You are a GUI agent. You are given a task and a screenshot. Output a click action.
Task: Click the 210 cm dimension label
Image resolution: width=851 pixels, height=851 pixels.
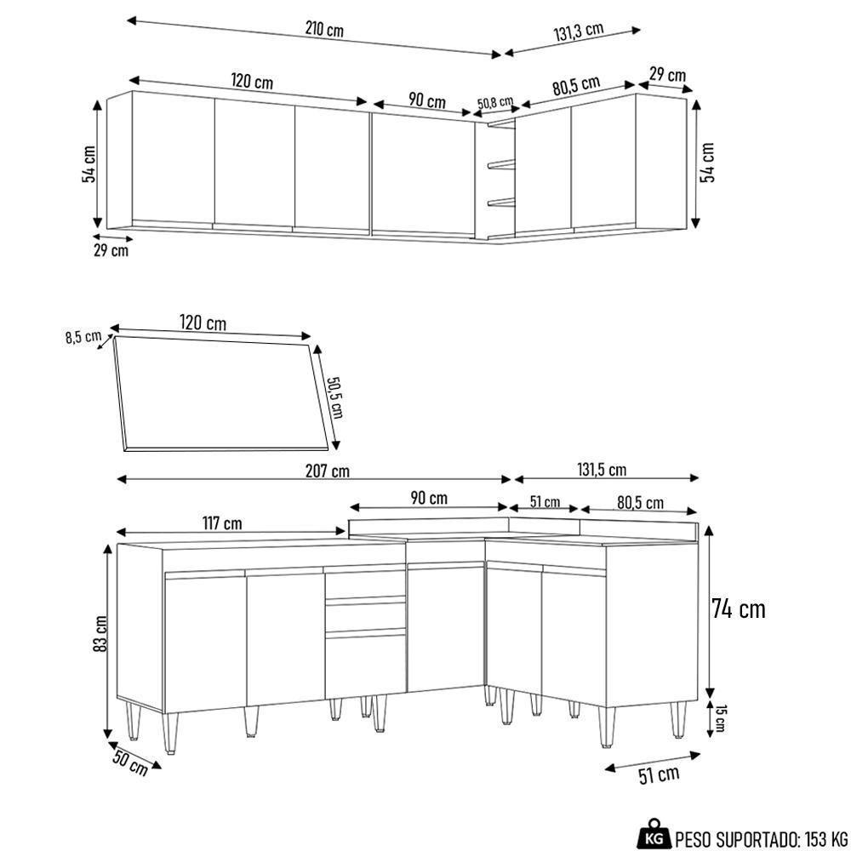[x=324, y=30]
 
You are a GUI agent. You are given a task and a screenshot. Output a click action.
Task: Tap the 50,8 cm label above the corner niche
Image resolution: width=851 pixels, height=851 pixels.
[x=494, y=103]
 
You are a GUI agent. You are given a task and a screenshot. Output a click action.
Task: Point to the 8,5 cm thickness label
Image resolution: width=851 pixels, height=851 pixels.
[x=83, y=337]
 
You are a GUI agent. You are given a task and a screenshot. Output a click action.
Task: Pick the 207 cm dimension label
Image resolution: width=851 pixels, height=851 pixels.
[x=327, y=471]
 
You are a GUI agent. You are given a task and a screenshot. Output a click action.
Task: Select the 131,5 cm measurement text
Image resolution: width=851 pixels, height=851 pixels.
[x=601, y=470]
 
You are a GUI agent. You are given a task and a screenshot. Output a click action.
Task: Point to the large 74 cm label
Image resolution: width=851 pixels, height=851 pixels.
[x=738, y=609]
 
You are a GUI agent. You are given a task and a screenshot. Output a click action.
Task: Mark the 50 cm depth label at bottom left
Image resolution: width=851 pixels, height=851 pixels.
[x=129, y=762]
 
